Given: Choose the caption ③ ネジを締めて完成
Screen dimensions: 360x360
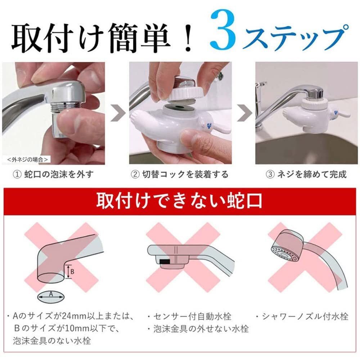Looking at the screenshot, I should point(306,175).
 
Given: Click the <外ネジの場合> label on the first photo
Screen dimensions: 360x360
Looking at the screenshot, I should point(27,158).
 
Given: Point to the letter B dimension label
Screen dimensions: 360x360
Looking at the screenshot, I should point(72,272).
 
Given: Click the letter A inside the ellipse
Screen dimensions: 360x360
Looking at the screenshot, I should point(51,294).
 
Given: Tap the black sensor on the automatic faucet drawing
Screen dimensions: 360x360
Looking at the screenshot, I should point(165,260).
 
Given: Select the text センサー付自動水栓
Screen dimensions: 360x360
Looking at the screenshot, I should point(191,317).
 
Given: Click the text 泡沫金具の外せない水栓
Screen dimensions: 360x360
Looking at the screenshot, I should point(200,329).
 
